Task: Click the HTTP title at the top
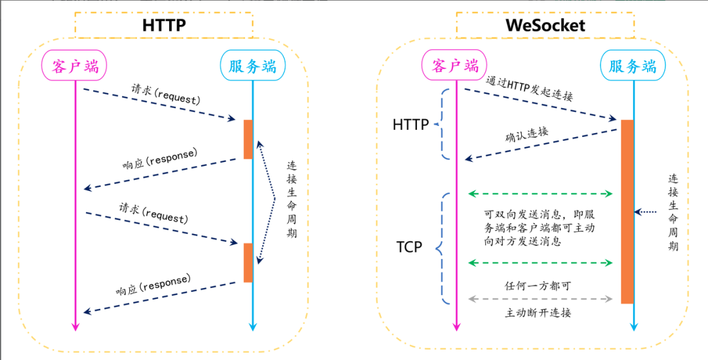[164, 26]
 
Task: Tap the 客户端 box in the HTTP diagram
[74, 66]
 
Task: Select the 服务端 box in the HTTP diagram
[252, 66]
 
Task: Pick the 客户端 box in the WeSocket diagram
[455, 66]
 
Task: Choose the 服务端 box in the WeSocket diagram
[633, 66]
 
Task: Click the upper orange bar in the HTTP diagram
[248, 139]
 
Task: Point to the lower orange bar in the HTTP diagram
[248, 262]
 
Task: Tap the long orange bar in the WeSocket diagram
[627, 211]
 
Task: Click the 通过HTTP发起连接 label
[530, 89]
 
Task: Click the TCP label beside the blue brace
[409, 247]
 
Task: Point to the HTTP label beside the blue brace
[411, 124]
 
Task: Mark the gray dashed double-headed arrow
[541, 299]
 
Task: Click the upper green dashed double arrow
[541, 194]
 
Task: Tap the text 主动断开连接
[538, 313]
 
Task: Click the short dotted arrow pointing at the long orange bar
[646, 212]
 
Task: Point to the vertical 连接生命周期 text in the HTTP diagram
[292, 199]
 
